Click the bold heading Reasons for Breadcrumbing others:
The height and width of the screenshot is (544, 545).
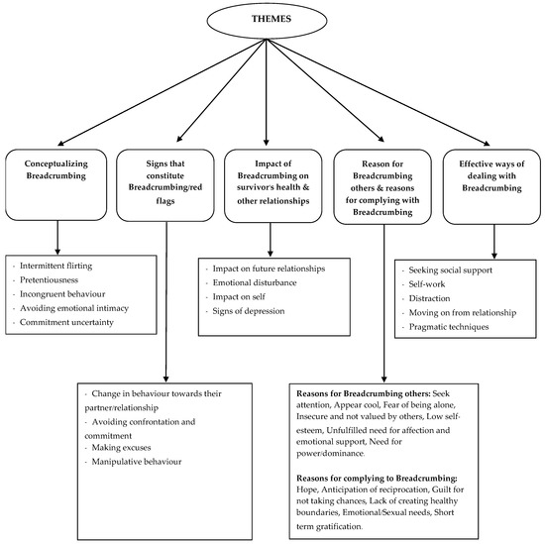(361, 394)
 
